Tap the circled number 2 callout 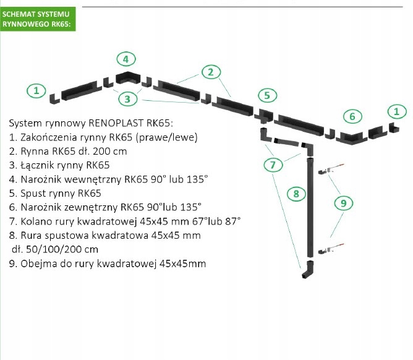point(211,72)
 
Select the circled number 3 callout point(127,98)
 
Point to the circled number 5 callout point(266,95)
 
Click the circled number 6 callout point(352,116)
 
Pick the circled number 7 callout point(273,165)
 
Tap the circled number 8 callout point(297,194)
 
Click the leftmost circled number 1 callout point(36,90)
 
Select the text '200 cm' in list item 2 point(112,151)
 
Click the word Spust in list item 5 point(35,193)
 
